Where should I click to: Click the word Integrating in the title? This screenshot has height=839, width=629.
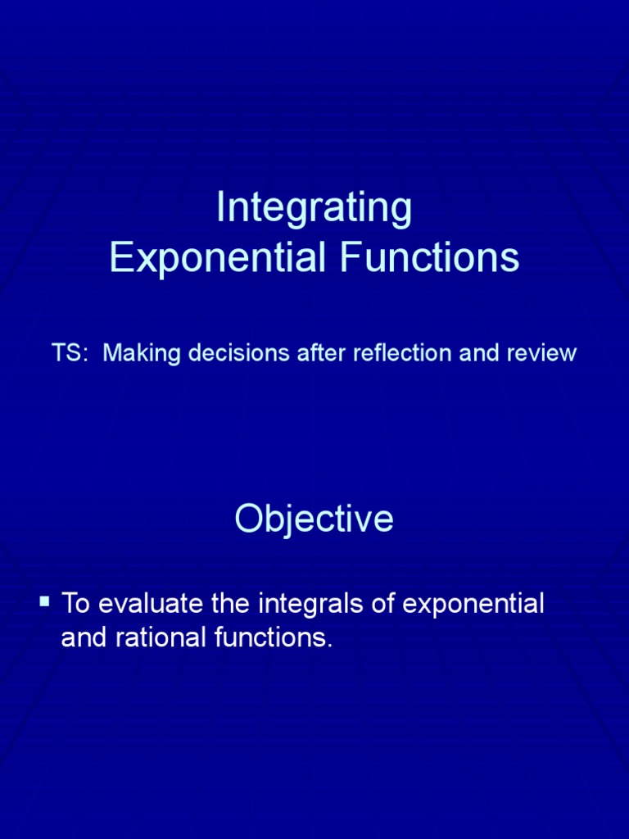pos(314,209)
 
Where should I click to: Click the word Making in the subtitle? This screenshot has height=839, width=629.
pos(135,354)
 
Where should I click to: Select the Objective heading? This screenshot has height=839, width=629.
pos(314,519)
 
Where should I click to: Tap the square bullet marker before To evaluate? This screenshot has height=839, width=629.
pos(44,603)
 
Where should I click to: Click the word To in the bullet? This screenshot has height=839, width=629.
pos(75,605)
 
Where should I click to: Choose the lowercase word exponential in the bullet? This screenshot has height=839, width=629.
pos(474,606)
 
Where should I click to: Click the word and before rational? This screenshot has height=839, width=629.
pos(83,638)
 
